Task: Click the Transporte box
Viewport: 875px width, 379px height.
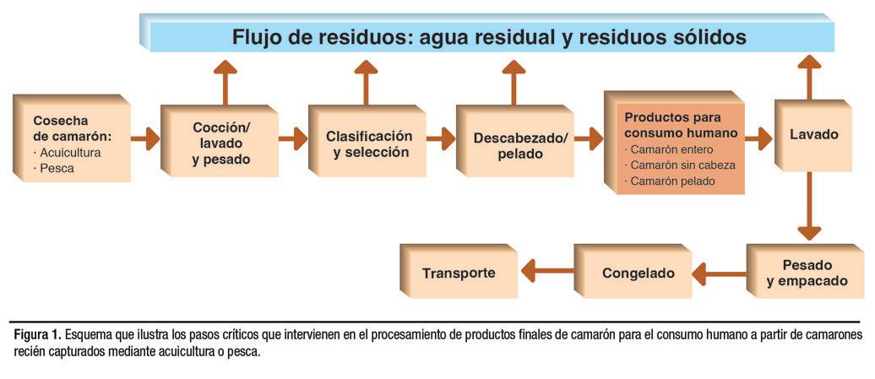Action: (459, 273)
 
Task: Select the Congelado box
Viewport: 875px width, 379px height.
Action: (638, 273)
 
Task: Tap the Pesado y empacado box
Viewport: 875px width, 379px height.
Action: (807, 273)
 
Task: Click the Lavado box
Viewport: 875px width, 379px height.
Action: (813, 135)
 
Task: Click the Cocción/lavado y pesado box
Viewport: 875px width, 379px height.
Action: (222, 143)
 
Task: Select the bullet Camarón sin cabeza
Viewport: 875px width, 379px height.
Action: (682, 165)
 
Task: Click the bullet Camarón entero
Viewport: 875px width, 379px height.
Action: (671, 149)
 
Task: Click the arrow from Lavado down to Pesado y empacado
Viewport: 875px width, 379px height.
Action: (810, 206)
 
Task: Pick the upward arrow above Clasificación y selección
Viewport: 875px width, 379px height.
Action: (366, 82)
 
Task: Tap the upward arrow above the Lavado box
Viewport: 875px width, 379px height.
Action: (810, 78)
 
